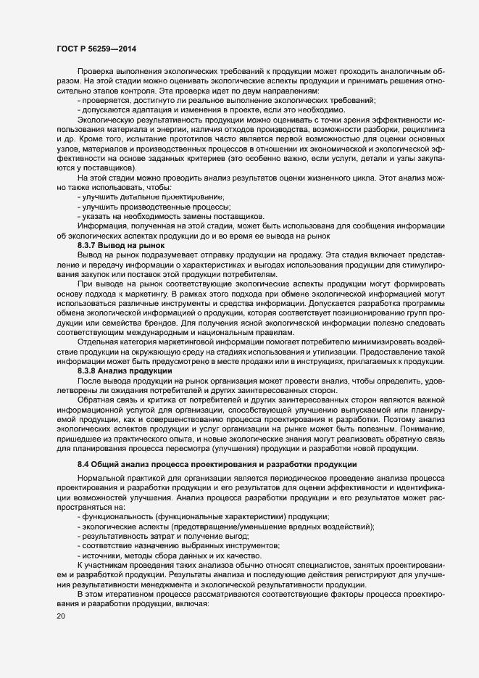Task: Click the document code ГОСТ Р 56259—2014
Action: point(96,49)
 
